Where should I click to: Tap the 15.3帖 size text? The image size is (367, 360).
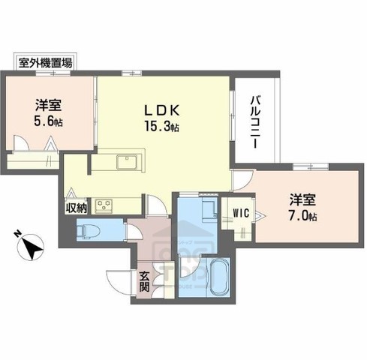coord(161,127)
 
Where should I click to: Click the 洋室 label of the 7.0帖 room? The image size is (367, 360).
coord(302,200)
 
